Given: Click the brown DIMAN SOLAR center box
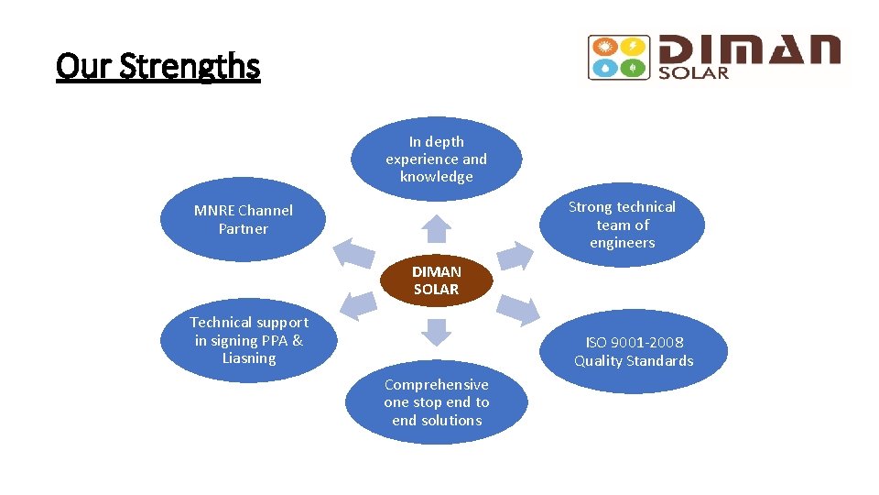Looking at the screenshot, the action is tap(437, 280).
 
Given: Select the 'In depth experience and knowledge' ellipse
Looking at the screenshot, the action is tap(437, 159).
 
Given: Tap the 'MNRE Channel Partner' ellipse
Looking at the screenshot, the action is tap(244, 220).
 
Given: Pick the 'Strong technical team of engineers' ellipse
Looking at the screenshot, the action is tap(623, 225).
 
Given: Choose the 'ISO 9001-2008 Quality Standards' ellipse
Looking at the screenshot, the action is tap(634, 351).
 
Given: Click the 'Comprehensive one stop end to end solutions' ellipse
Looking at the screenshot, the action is tap(437, 402).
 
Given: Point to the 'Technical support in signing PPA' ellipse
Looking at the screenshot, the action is tap(249, 340).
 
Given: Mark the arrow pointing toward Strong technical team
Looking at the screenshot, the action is tap(515, 255).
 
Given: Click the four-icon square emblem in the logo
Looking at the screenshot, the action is tap(619, 57).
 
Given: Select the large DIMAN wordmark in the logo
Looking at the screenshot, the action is tap(749, 50).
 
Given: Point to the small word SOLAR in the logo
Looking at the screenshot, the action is tap(694, 72).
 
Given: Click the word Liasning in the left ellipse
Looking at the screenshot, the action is tap(249, 358).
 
